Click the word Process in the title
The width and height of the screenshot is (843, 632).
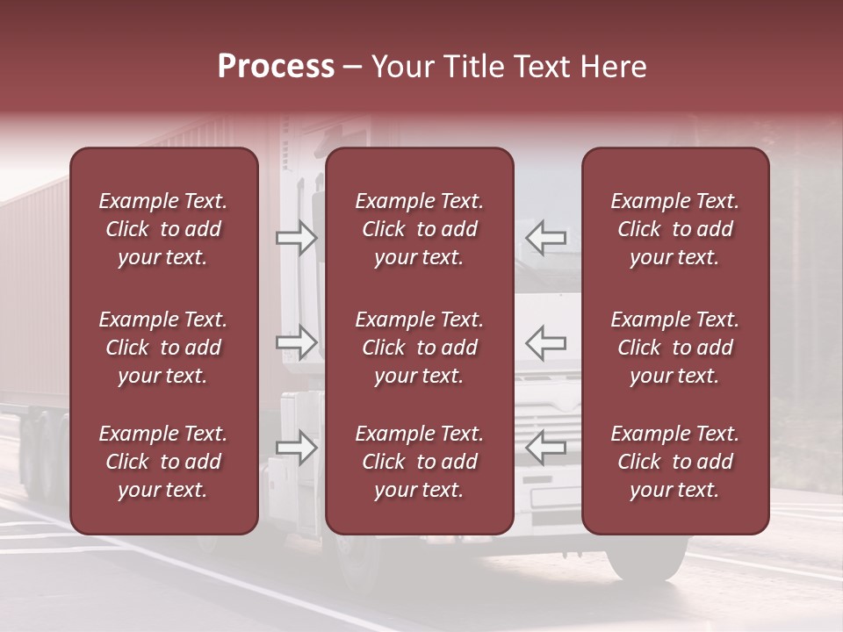276,67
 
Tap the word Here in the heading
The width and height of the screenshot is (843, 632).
614,67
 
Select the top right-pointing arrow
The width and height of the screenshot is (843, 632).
297,237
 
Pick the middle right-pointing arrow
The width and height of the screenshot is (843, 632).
297,342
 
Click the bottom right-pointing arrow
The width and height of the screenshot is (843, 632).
297,448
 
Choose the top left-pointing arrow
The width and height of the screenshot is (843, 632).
546,237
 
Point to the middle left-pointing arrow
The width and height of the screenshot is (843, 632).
546,342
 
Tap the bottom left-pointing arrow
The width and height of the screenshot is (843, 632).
546,448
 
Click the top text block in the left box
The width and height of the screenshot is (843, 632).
163,229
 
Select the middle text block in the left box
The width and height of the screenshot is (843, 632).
163,348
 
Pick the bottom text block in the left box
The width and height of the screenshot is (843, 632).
163,462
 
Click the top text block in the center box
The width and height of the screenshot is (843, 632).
420,229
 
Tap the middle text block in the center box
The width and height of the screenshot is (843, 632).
420,348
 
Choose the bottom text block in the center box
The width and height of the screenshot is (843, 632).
420,462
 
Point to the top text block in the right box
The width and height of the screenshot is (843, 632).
675,229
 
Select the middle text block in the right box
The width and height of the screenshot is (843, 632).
675,348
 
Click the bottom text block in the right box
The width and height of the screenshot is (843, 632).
675,462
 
